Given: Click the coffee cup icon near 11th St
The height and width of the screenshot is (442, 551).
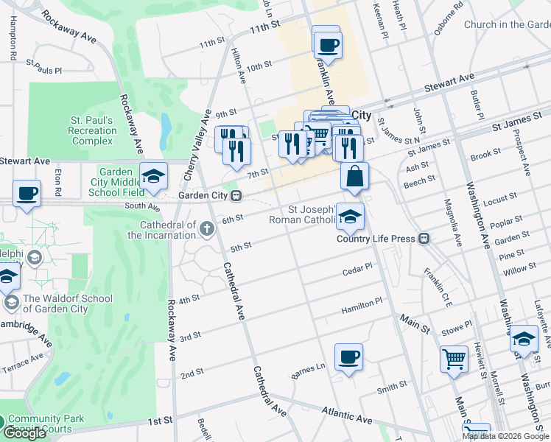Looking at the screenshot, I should [x=326, y=44].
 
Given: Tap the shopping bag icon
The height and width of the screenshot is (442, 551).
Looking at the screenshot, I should [x=354, y=176].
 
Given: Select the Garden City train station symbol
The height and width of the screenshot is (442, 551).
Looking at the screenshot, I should [x=236, y=196].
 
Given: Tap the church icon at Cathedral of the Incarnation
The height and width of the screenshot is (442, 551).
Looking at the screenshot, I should [x=207, y=230].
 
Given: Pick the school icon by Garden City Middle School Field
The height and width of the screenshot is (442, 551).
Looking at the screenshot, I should [x=153, y=177].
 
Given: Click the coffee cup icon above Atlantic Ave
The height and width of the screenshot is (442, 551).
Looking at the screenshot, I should [x=348, y=357].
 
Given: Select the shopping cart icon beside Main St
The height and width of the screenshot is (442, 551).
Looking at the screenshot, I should [x=454, y=359].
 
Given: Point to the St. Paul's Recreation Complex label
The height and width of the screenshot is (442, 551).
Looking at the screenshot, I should [x=91, y=130].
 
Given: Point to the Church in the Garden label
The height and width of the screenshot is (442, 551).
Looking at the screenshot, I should [x=507, y=24].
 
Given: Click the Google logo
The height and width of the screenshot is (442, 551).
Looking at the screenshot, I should [x=24, y=434].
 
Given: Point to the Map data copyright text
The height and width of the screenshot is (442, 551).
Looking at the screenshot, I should [x=506, y=436].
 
